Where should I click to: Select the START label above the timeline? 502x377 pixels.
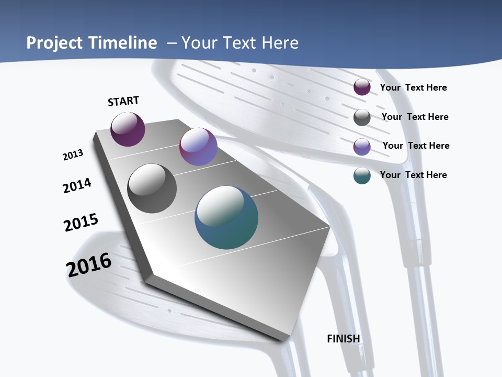[x=123, y=101]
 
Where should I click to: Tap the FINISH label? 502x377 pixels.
[x=344, y=339]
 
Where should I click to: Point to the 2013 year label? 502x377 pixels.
[x=73, y=155]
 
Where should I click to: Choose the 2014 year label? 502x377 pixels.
[x=77, y=185]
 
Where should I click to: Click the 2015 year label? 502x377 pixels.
[x=81, y=223]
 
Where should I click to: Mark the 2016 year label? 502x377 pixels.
[x=89, y=265]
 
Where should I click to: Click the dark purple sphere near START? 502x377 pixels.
[x=128, y=129]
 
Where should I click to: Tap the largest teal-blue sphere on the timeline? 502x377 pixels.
[x=226, y=217]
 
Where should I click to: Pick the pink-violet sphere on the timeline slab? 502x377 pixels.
[x=198, y=147]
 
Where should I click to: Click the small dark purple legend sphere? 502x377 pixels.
[x=362, y=87]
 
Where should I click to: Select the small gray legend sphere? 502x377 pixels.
[x=362, y=117]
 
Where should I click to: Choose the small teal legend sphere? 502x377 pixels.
[x=362, y=175]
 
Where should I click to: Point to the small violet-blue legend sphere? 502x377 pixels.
[x=362, y=146]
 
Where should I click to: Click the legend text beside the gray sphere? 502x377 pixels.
[x=415, y=117]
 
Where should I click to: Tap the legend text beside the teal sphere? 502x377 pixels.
[x=413, y=175]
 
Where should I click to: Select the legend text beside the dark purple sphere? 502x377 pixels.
[x=413, y=87]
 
